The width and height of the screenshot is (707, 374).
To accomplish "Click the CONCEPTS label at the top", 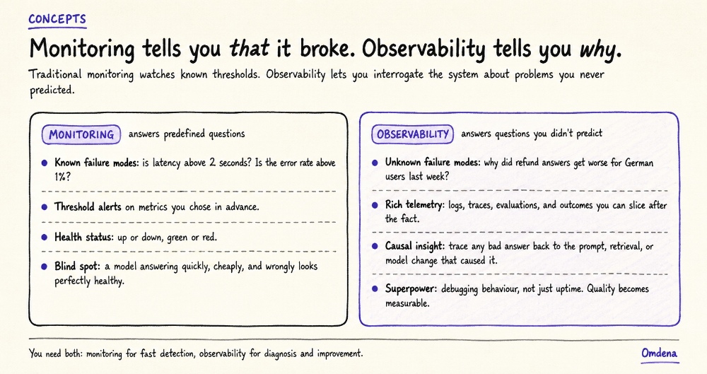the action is coord(57,19).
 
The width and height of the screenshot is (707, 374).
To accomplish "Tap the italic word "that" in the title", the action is coord(250,48).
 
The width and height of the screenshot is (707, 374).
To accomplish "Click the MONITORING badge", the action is coord(81,134).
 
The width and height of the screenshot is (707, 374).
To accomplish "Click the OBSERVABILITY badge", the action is coord(413,134).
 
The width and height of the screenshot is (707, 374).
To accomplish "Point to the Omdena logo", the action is coord(659,353).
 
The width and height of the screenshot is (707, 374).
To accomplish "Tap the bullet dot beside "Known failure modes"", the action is coord(44,163).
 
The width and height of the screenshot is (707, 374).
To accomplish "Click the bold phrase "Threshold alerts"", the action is coord(88,206).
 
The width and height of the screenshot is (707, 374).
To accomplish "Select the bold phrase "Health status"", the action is coord(84,237).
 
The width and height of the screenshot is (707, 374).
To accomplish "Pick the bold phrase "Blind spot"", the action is coord(77,267).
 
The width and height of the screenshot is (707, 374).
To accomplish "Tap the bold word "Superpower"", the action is coord(411,289).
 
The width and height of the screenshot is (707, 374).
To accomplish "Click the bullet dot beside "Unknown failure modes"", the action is coord(375,163).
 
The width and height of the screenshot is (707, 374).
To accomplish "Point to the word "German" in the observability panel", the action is coord(639,163).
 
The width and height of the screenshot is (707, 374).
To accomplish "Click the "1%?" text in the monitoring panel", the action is coord(63,177).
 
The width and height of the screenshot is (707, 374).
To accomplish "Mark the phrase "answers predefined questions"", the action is coord(187,134).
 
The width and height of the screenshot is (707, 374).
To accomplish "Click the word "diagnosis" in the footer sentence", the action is coord(281,353).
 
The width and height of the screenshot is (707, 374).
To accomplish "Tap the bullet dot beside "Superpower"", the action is coord(375,288).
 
